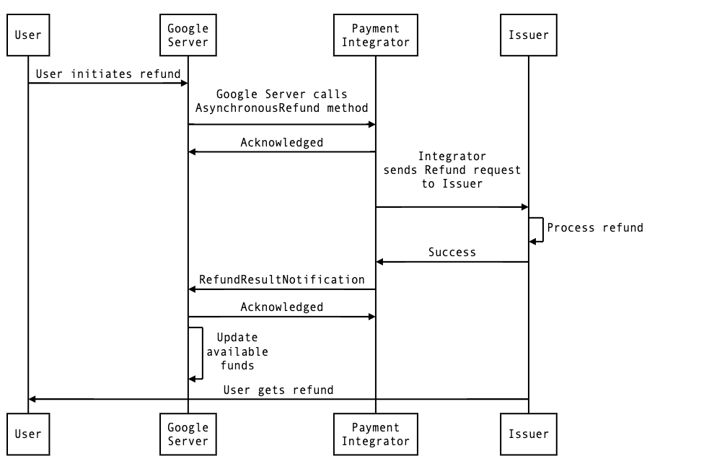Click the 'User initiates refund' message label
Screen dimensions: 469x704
coord(108,74)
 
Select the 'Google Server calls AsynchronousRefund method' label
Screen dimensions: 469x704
coord(281,101)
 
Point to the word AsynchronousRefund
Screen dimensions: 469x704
coord(260,108)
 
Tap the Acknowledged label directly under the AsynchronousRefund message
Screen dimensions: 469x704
coord(281,143)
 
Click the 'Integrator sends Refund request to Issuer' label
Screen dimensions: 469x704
coord(452,170)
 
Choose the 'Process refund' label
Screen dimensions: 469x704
coord(595,228)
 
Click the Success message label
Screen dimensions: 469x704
coord(452,253)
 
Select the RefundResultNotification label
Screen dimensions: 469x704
coord(282,280)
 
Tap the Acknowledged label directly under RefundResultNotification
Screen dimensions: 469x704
coord(281,307)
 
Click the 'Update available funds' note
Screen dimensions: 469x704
coord(237,351)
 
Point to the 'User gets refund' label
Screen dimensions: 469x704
coord(278,390)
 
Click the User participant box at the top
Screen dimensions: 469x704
coord(28,35)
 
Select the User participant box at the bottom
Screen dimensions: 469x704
coord(28,434)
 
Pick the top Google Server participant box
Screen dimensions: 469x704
coord(188,35)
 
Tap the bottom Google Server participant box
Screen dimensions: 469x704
coord(188,434)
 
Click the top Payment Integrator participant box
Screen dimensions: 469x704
coord(375,35)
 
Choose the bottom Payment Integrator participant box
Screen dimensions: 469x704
coord(375,434)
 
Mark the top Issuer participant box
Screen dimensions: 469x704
coord(529,35)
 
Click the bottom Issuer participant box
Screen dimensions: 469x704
coord(529,434)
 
